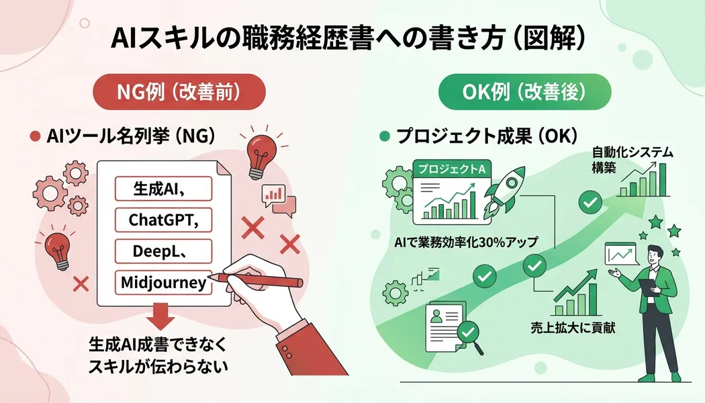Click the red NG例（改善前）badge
tap(179, 92)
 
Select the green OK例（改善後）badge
tap(524, 92)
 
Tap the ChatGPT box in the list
tap(163, 220)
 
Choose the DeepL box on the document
tap(163, 251)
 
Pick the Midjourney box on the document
tap(163, 283)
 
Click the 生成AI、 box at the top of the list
tap(163, 189)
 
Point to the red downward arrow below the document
tap(160, 316)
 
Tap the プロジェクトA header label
tap(452, 169)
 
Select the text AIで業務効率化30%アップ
tap(466, 242)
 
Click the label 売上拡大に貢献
tap(573, 328)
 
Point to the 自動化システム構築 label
tap(632, 160)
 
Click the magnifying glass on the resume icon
tap(470, 337)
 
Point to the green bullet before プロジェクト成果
tap(385, 136)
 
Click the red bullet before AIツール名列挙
tap(35, 136)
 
